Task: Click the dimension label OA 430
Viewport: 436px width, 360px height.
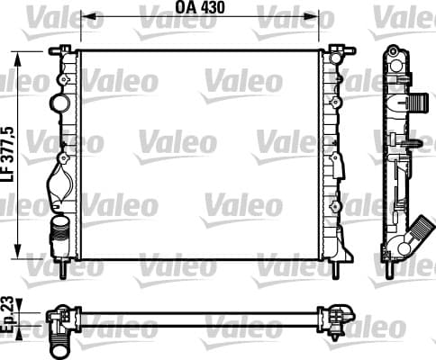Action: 200,7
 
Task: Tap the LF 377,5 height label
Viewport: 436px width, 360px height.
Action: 9,154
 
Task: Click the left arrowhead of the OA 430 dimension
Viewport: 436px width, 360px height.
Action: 88,16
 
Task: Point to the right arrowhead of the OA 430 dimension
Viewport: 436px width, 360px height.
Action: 312,16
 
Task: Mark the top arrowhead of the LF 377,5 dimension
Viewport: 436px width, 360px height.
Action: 18,58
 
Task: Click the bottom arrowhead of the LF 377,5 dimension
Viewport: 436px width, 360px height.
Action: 18,251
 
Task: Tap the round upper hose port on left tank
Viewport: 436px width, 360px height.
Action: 59,103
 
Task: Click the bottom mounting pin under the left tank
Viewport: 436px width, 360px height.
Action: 63,268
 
